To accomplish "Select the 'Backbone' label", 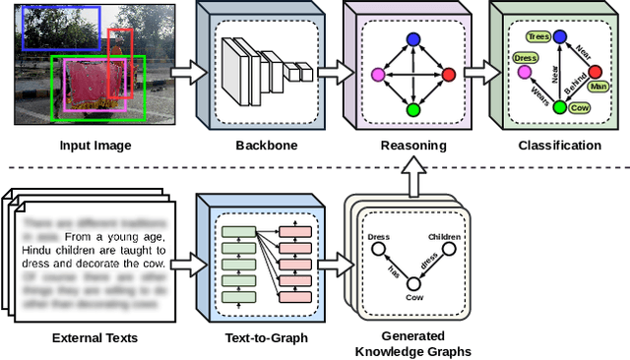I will [x=259, y=146].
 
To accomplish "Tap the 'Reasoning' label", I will [x=413, y=146].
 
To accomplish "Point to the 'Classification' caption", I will [x=558, y=146].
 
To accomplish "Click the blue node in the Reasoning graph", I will [x=413, y=40].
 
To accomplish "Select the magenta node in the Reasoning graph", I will [x=377, y=75].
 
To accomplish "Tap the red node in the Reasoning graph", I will [x=449, y=75].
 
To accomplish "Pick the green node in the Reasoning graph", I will [x=413, y=109].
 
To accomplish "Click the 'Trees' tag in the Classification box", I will [x=537, y=36].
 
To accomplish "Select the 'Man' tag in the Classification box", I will [x=597, y=87].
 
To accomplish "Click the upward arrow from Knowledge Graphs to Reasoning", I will [x=413, y=176].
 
